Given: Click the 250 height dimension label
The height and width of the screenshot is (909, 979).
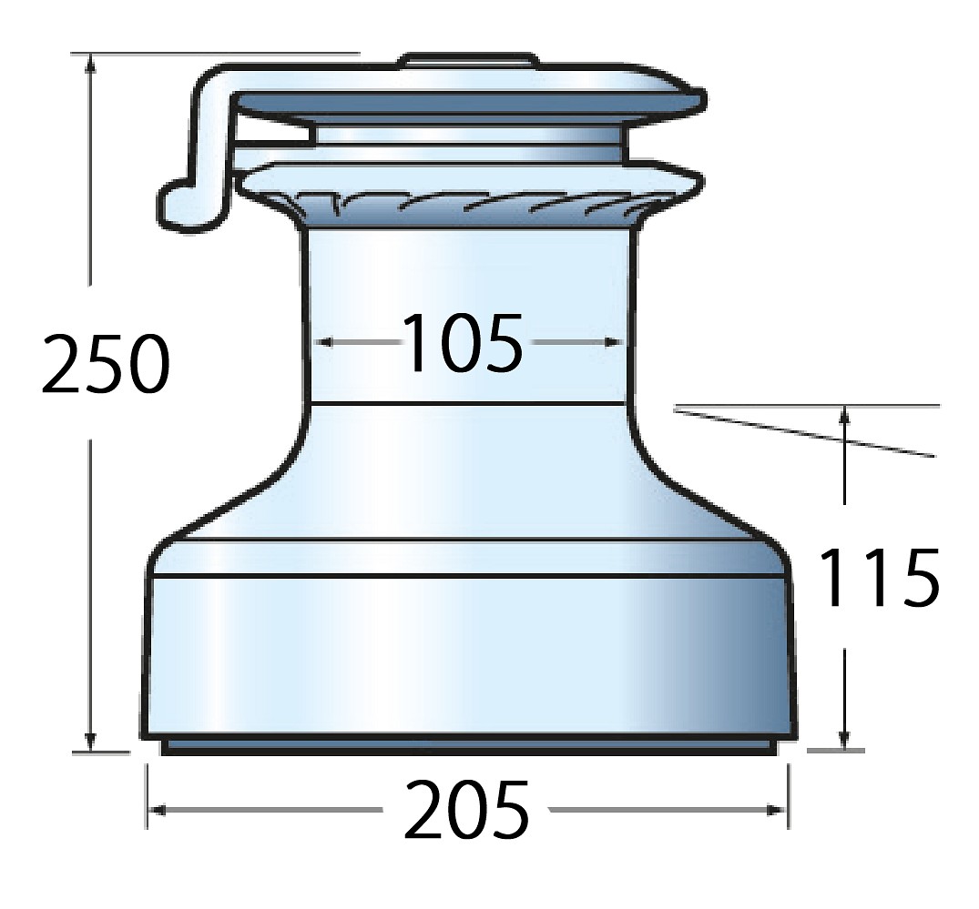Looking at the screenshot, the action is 106,364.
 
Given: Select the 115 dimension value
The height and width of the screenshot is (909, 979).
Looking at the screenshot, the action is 878,577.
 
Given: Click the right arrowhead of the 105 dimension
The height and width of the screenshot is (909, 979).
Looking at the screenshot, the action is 615,342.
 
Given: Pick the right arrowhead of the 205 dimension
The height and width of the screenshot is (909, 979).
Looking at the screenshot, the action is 778,810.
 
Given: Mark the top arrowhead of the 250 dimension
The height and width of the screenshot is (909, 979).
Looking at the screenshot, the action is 91,63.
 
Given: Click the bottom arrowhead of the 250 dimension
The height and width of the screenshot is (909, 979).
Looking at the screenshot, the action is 91,742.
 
